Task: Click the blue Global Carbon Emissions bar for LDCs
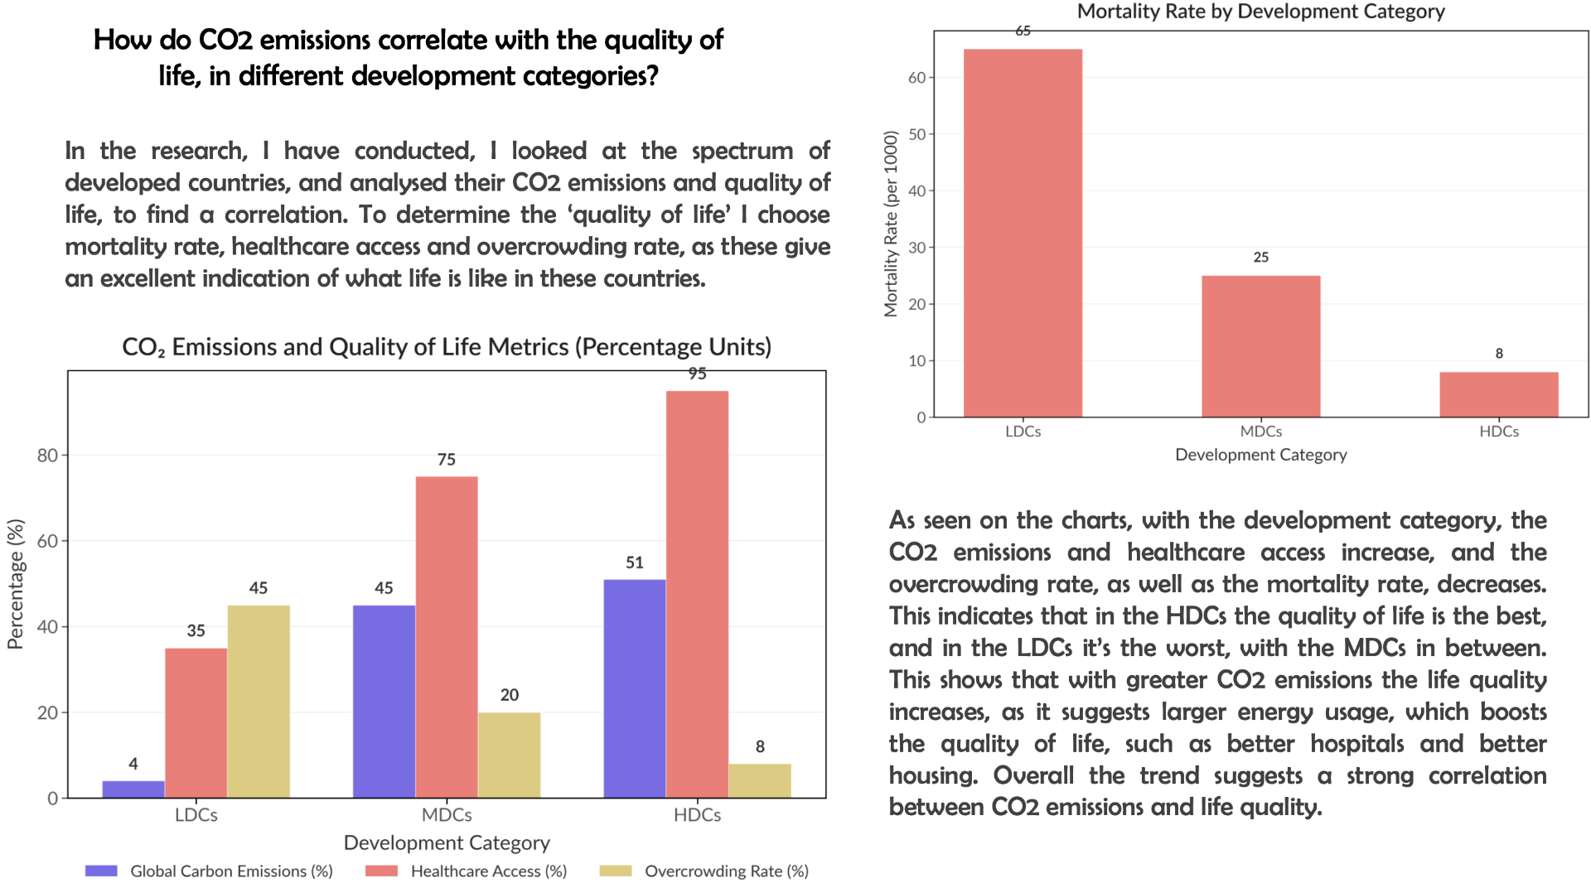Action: pyautogui.click(x=133, y=789)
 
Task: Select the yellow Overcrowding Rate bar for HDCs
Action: pyautogui.click(x=760, y=780)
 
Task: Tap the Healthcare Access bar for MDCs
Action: pyautogui.click(x=447, y=637)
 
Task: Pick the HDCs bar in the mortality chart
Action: pyautogui.click(x=1499, y=394)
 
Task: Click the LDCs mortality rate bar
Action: pyautogui.click(x=1023, y=233)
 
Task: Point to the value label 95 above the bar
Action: pyautogui.click(x=698, y=374)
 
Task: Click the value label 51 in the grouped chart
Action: pyautogui.click(x=635, y=562)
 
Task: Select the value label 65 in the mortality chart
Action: pyautogui.click(x=1023, y=31)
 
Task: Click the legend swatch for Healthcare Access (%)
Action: pyautogui.click(x=381, y=871)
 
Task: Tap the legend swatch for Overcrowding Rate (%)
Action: pyautogui.click(x=616, y=871)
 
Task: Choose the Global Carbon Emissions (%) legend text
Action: pyautogui.click(x=231, y=871)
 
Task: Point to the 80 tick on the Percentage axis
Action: pyautogui.click(x=47, y=455)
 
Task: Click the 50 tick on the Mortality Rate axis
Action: pyautogui.click(x=916, y=134)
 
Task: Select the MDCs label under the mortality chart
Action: pyautogui.click(x=1261, y=432)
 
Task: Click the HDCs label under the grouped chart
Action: pyautogui.click(x=697, y=815)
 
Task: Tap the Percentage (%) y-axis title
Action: pyautogui.click(x=16, y=584)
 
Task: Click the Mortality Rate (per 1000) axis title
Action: pyautogui.click(x=891, y=224)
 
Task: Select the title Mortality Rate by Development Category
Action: pyautogui.click(x=1261, y=12)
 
